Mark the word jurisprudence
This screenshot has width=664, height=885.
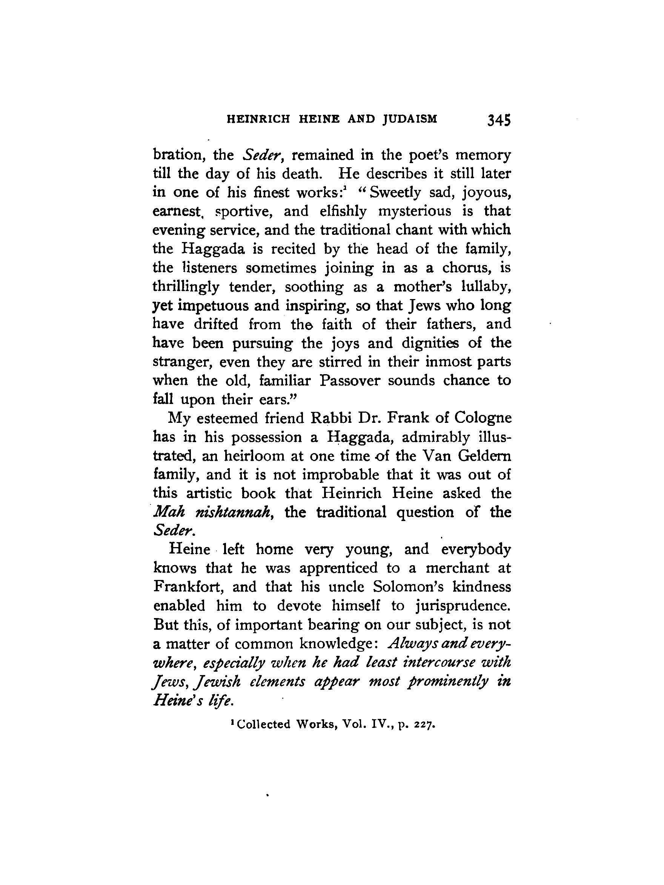point(463,606)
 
